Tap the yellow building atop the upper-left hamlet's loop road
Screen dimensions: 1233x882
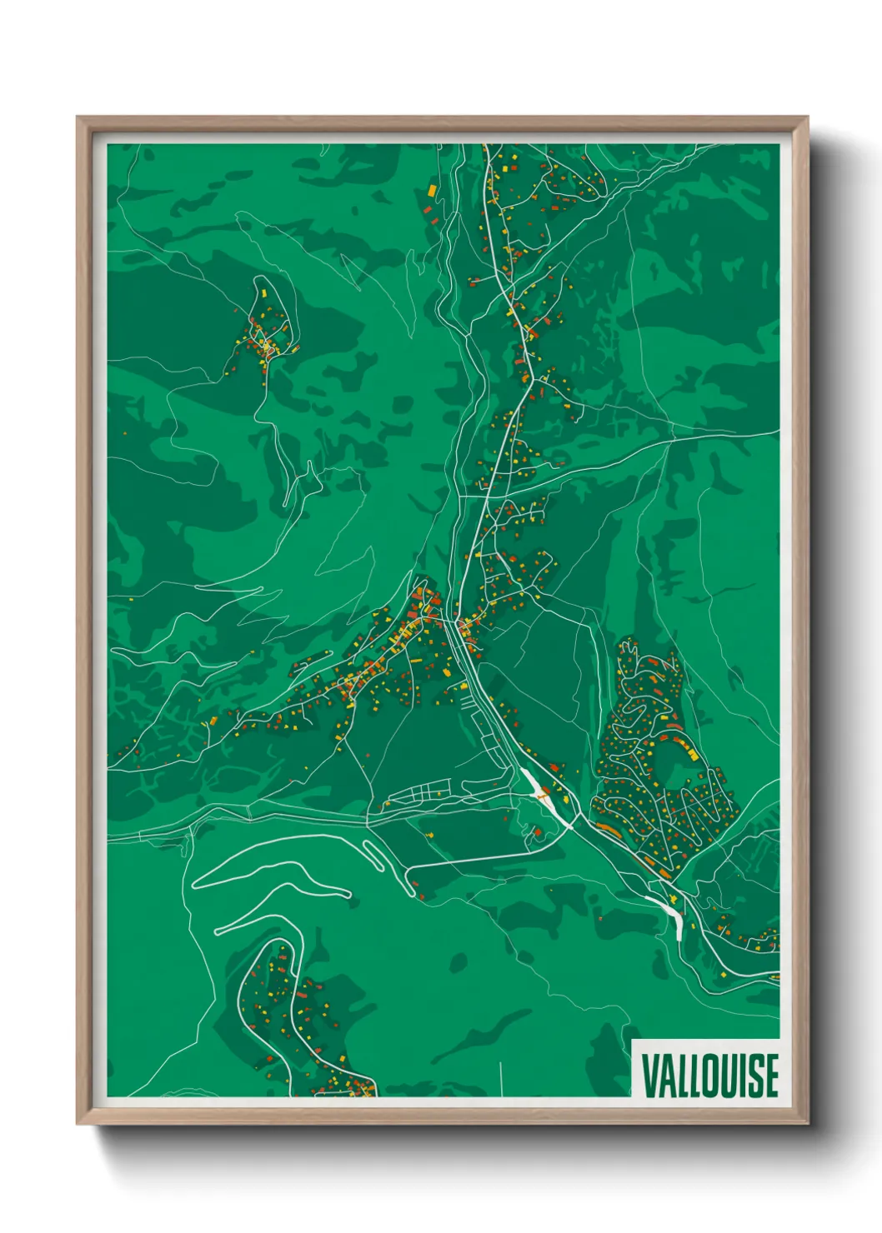(x=259, y=292)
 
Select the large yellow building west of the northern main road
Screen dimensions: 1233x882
(x=432, y=190)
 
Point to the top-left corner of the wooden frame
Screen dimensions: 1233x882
(x=78, y=117)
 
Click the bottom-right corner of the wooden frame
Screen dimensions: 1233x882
(x=807, y=1123)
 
